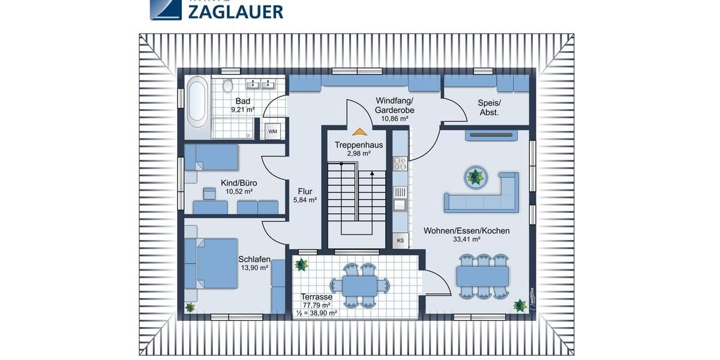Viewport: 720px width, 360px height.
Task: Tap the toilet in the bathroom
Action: point(227,86)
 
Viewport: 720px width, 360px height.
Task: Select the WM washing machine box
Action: point(272,131)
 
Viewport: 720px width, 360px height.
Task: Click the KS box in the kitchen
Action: point(400,241)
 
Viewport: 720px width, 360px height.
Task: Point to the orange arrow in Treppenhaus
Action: point(359,131)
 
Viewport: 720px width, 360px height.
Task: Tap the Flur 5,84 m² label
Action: point(304,195)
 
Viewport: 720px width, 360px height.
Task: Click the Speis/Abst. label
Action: point(488,107)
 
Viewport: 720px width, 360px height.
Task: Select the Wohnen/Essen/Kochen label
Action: point(466,235)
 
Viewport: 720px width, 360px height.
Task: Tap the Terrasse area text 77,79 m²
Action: point(317,305)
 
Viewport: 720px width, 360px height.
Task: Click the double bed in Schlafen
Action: point(211,263)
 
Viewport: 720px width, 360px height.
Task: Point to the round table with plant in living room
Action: point(475,176)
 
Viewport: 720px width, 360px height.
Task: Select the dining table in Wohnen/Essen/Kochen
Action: point(482,275)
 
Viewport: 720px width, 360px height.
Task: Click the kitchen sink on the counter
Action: point(400,203)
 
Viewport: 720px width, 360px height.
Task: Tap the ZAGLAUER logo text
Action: point(235,11)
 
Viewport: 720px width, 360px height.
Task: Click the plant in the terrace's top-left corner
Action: point(301,264)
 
